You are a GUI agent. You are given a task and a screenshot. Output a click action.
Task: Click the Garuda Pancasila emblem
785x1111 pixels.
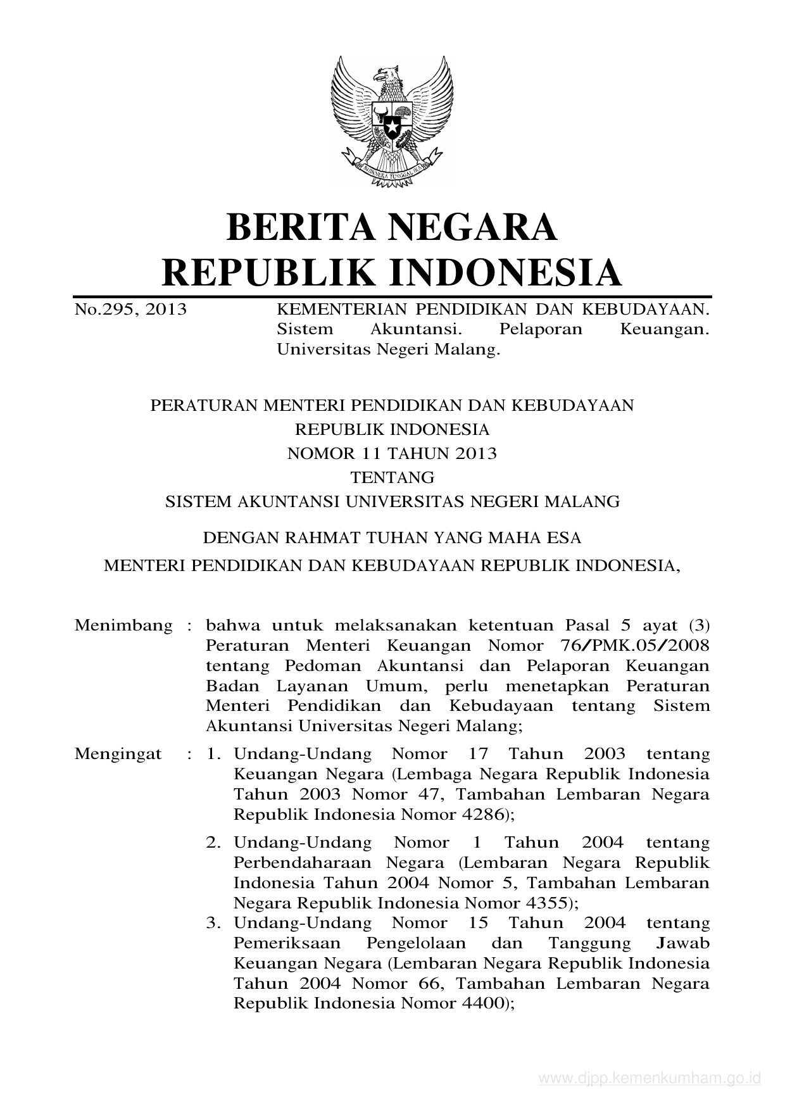[x=392, y=120]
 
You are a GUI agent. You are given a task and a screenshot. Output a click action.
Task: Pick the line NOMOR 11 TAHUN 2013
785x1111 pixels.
[x=392, y=453]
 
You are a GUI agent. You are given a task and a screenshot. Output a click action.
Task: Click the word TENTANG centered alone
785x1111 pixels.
[x=392, y=477]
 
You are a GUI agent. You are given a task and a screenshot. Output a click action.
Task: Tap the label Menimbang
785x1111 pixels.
[x=123, y=625]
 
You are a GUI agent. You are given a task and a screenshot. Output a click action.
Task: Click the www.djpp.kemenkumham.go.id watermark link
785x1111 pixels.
[x=649, y=1078]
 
